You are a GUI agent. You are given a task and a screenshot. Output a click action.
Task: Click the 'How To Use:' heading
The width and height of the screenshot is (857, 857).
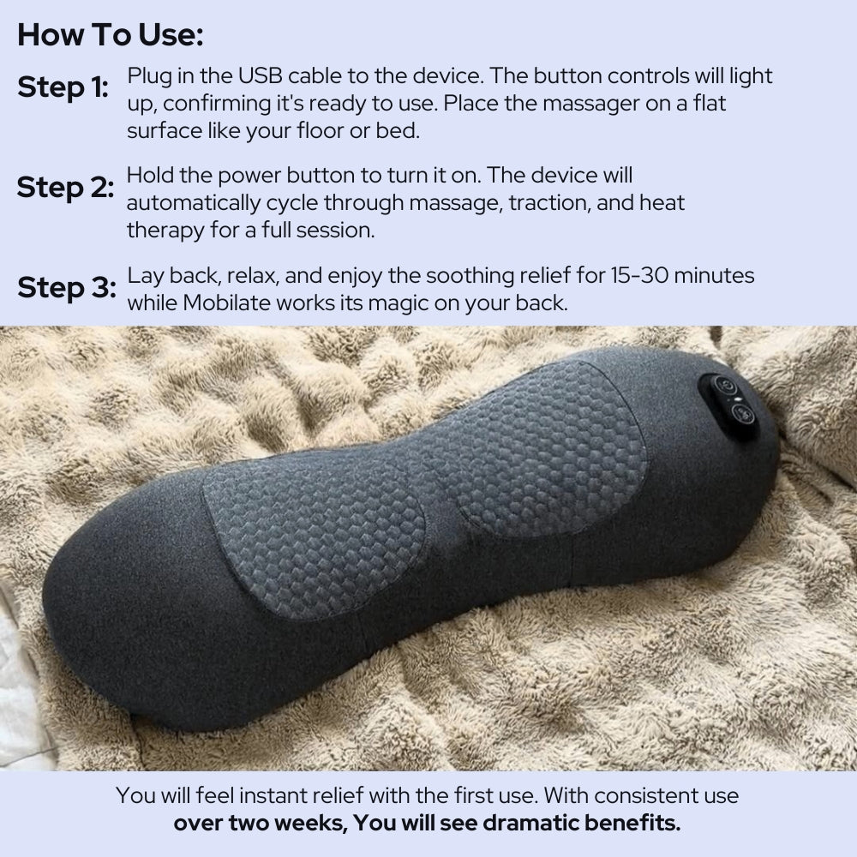tap(111, 35)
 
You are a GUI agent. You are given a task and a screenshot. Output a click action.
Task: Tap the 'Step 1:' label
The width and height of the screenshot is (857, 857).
tap(63, 87)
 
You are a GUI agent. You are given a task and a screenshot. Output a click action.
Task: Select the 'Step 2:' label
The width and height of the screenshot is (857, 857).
tap(65, 188)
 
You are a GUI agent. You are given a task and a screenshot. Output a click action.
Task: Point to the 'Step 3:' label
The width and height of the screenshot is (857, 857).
tap(66, 288)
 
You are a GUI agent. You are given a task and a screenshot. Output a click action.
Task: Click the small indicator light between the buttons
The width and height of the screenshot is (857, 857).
tap(731, 399)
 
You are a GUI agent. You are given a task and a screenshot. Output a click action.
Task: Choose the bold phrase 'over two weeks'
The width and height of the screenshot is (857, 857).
tap(258, 824)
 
